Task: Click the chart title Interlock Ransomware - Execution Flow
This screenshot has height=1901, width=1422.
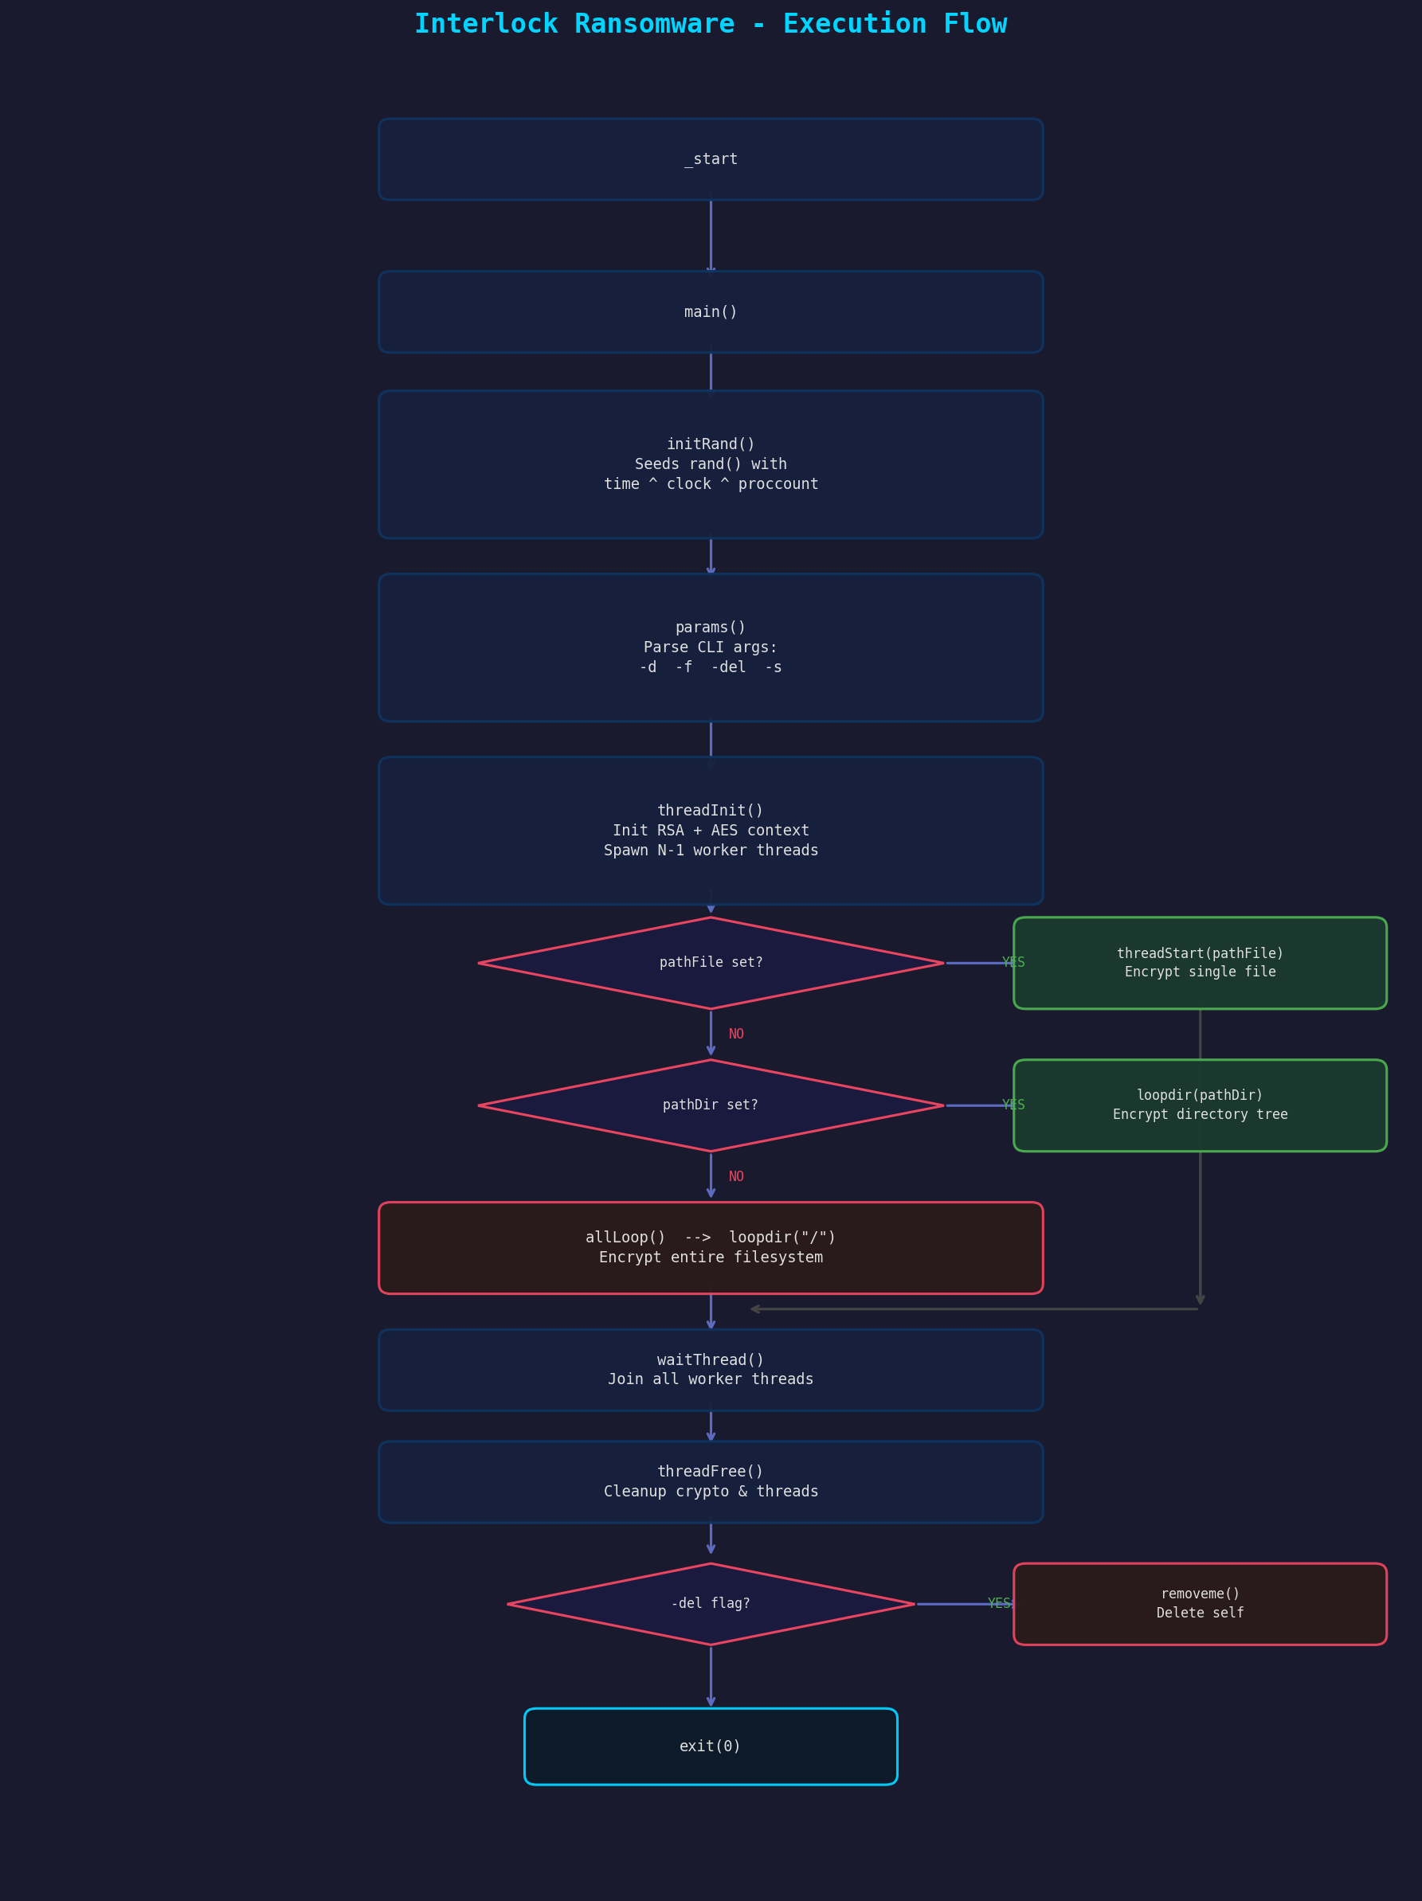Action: pos(710,24)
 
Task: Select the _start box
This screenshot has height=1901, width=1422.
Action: pos(710,159)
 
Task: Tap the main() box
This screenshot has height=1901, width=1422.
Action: pos(710,312)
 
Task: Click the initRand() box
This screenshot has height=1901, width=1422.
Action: pos(710,464)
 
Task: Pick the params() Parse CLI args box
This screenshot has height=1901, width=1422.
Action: pos(710,647)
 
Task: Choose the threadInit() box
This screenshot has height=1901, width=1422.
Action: pos(710,830)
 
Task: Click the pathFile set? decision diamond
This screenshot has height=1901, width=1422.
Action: pos(710,963)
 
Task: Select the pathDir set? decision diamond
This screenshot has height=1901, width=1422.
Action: pos(710,1105)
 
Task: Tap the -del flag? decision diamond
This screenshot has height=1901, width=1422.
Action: pos(710,1604)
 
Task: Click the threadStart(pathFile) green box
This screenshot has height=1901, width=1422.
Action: pos(1199,963)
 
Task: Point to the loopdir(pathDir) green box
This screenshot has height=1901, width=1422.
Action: pos(1199,1105)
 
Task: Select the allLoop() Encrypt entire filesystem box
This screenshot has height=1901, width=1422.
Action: pos(710,1248)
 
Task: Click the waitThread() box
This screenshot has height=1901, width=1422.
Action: pos(710,1370)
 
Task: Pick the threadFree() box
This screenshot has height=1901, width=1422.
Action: pos(710,1481)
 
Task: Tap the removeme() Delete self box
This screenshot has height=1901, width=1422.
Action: pos(1199,1604)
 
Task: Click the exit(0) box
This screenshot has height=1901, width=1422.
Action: pos(710,1746)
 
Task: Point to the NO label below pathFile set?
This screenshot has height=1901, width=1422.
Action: pos(736,1034)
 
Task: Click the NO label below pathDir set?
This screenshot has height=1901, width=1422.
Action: pos(736,1176)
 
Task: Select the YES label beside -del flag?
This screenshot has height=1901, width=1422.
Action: pos(998,1604)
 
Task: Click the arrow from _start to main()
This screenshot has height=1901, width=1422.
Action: pos(710,236)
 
